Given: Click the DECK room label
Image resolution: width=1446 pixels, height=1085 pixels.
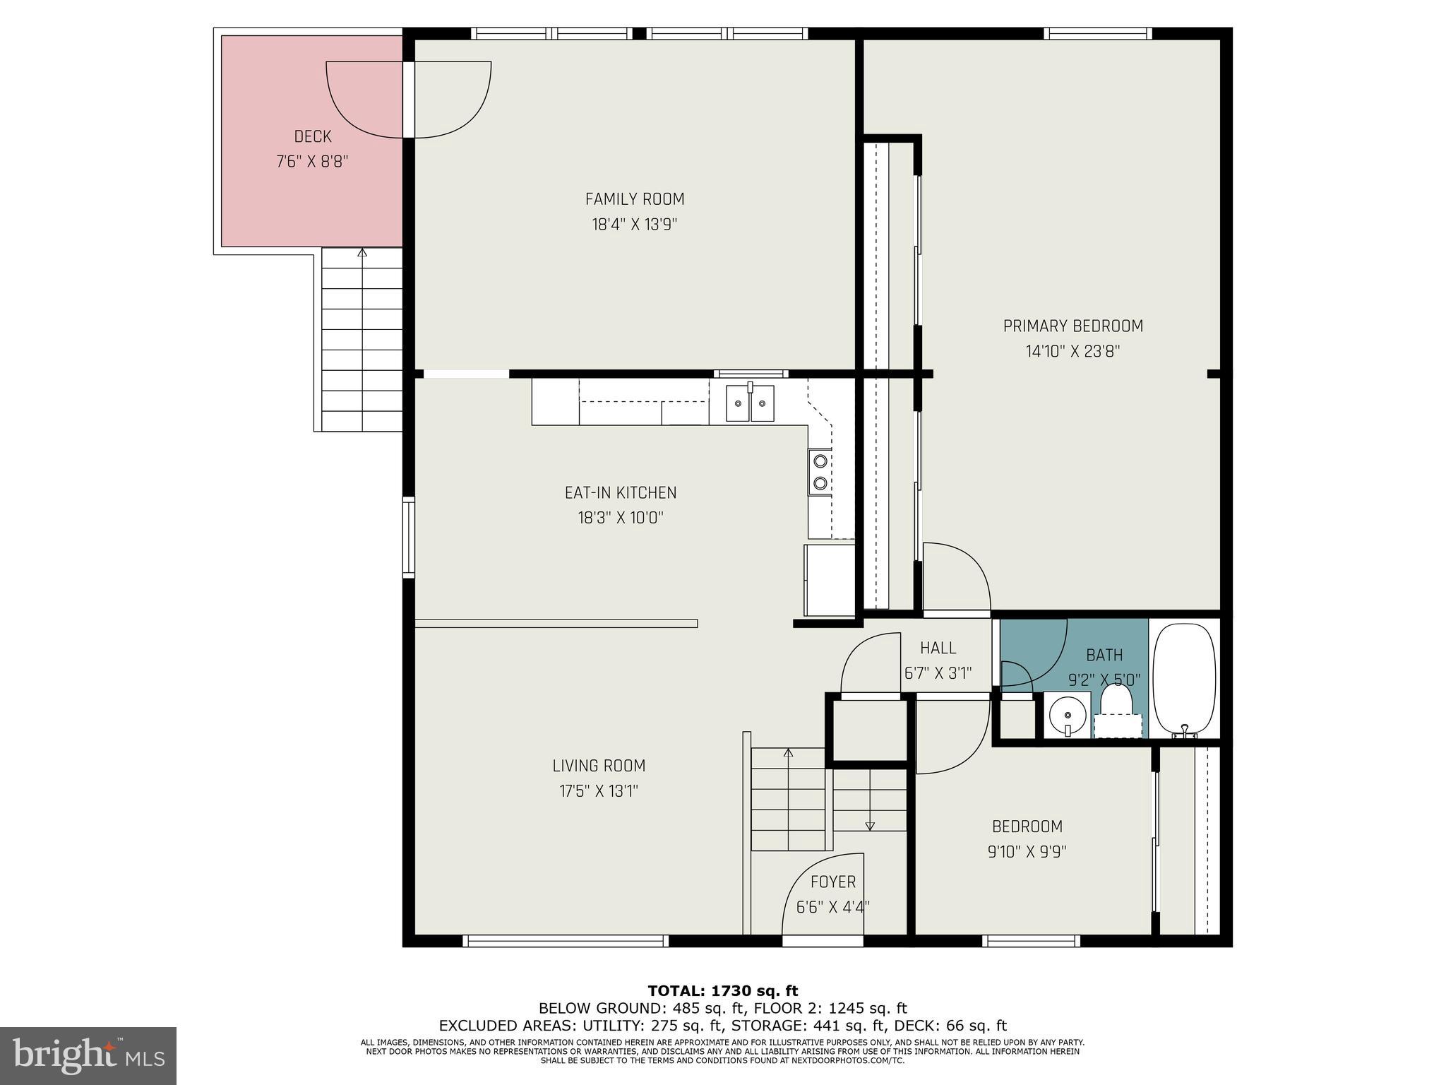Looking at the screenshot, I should (313, 136).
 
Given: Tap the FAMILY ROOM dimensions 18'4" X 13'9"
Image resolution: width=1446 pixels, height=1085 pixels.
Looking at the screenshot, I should (634, 225).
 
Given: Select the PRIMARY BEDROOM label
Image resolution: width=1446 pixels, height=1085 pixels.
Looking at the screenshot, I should (1072, 326).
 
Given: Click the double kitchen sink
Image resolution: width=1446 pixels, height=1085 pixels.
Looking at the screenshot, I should (750, 403).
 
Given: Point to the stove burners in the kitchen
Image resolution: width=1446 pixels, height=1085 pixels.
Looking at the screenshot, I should (820, 472).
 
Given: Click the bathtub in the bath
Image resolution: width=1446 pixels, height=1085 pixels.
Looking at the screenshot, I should (1184, 680).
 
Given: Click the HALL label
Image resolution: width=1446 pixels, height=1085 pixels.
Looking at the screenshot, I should (938, 648).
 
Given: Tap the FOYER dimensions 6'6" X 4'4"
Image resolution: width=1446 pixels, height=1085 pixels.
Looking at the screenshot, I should (832, 907).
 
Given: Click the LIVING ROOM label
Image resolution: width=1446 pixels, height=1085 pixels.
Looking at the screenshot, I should (599, 766).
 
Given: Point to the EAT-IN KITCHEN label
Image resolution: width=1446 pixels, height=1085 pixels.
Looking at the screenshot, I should (620, 492).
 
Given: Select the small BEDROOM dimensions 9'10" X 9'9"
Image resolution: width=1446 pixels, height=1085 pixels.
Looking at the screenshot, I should (1027, 852).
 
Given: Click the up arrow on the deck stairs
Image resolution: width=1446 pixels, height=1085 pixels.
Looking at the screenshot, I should (362, 252).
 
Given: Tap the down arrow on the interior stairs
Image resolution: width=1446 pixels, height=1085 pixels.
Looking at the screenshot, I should (870, 825).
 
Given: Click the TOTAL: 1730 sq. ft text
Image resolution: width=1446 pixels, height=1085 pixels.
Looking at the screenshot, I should (722, 991).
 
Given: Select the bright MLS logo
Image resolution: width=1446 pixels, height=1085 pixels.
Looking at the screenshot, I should (88, 1056).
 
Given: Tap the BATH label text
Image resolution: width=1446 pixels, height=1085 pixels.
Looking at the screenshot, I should (1104, 655).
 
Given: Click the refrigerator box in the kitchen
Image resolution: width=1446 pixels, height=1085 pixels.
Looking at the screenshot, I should (829, 579).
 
